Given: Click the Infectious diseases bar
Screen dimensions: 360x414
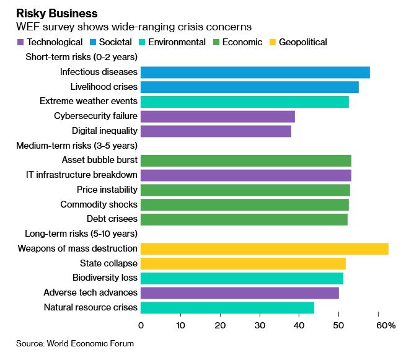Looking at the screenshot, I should (255, 72).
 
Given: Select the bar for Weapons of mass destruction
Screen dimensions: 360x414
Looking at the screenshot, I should (265, 248).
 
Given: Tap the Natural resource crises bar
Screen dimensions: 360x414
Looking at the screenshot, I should (227, 307).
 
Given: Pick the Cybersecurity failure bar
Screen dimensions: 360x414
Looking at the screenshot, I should (218, 116).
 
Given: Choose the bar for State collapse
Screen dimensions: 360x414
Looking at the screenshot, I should (243, 263).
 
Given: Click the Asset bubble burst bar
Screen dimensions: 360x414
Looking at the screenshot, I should (246, 160).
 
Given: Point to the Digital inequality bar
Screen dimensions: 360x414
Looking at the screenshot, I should (216, 131).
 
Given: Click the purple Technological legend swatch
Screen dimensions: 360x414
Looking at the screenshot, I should (20, 42).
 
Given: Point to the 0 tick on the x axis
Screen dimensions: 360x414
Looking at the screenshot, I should (141, 326).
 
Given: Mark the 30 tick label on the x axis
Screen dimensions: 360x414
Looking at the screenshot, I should (260, 326).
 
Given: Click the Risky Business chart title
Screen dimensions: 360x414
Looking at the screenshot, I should (56, 13).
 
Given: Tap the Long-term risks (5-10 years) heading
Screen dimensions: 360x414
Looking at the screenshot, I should (81, 234).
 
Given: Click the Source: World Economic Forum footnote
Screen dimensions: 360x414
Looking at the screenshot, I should (75, 343).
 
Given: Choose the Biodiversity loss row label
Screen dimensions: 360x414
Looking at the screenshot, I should (105, 278).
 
